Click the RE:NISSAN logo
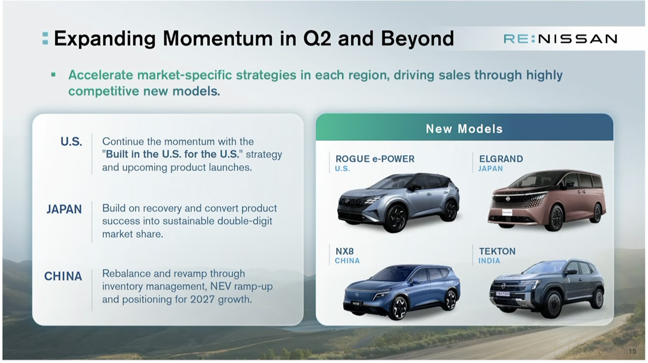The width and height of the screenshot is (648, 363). point(560,39)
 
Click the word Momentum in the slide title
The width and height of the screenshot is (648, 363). point(218,38)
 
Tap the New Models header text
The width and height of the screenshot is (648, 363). point(464,128)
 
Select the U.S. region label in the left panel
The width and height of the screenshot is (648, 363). point(71,142)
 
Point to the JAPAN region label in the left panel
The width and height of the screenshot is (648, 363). point(64,209)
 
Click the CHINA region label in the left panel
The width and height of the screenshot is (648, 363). point(63,277)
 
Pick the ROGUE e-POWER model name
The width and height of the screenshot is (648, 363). point(375,159)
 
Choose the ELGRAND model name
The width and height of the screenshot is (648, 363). point(501,159)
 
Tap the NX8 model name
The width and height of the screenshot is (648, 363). point(345,251)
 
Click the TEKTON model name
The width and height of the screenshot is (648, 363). point(497,251)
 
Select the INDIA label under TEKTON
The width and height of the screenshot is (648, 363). point(489,261)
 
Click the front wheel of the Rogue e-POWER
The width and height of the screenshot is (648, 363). point(397,219)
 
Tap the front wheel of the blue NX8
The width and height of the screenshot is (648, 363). point(399,307)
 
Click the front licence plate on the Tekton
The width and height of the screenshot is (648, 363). point(503,294)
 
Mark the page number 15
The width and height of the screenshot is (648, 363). point(633,351)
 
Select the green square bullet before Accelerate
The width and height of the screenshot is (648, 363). point(53,75)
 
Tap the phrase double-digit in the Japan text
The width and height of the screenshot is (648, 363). point(245,221)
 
